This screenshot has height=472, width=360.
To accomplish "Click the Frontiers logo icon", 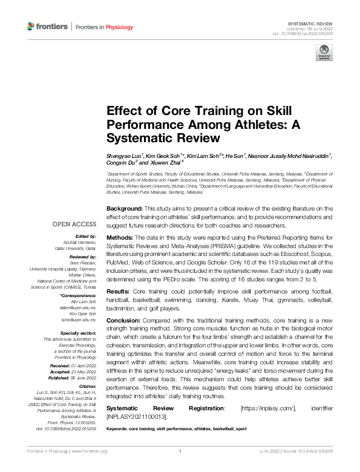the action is [31, 27].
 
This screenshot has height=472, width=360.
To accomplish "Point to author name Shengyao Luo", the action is [123, 156].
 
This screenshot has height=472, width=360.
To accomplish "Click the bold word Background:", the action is [125, 208].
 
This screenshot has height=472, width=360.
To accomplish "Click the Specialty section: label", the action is [79, 333].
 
